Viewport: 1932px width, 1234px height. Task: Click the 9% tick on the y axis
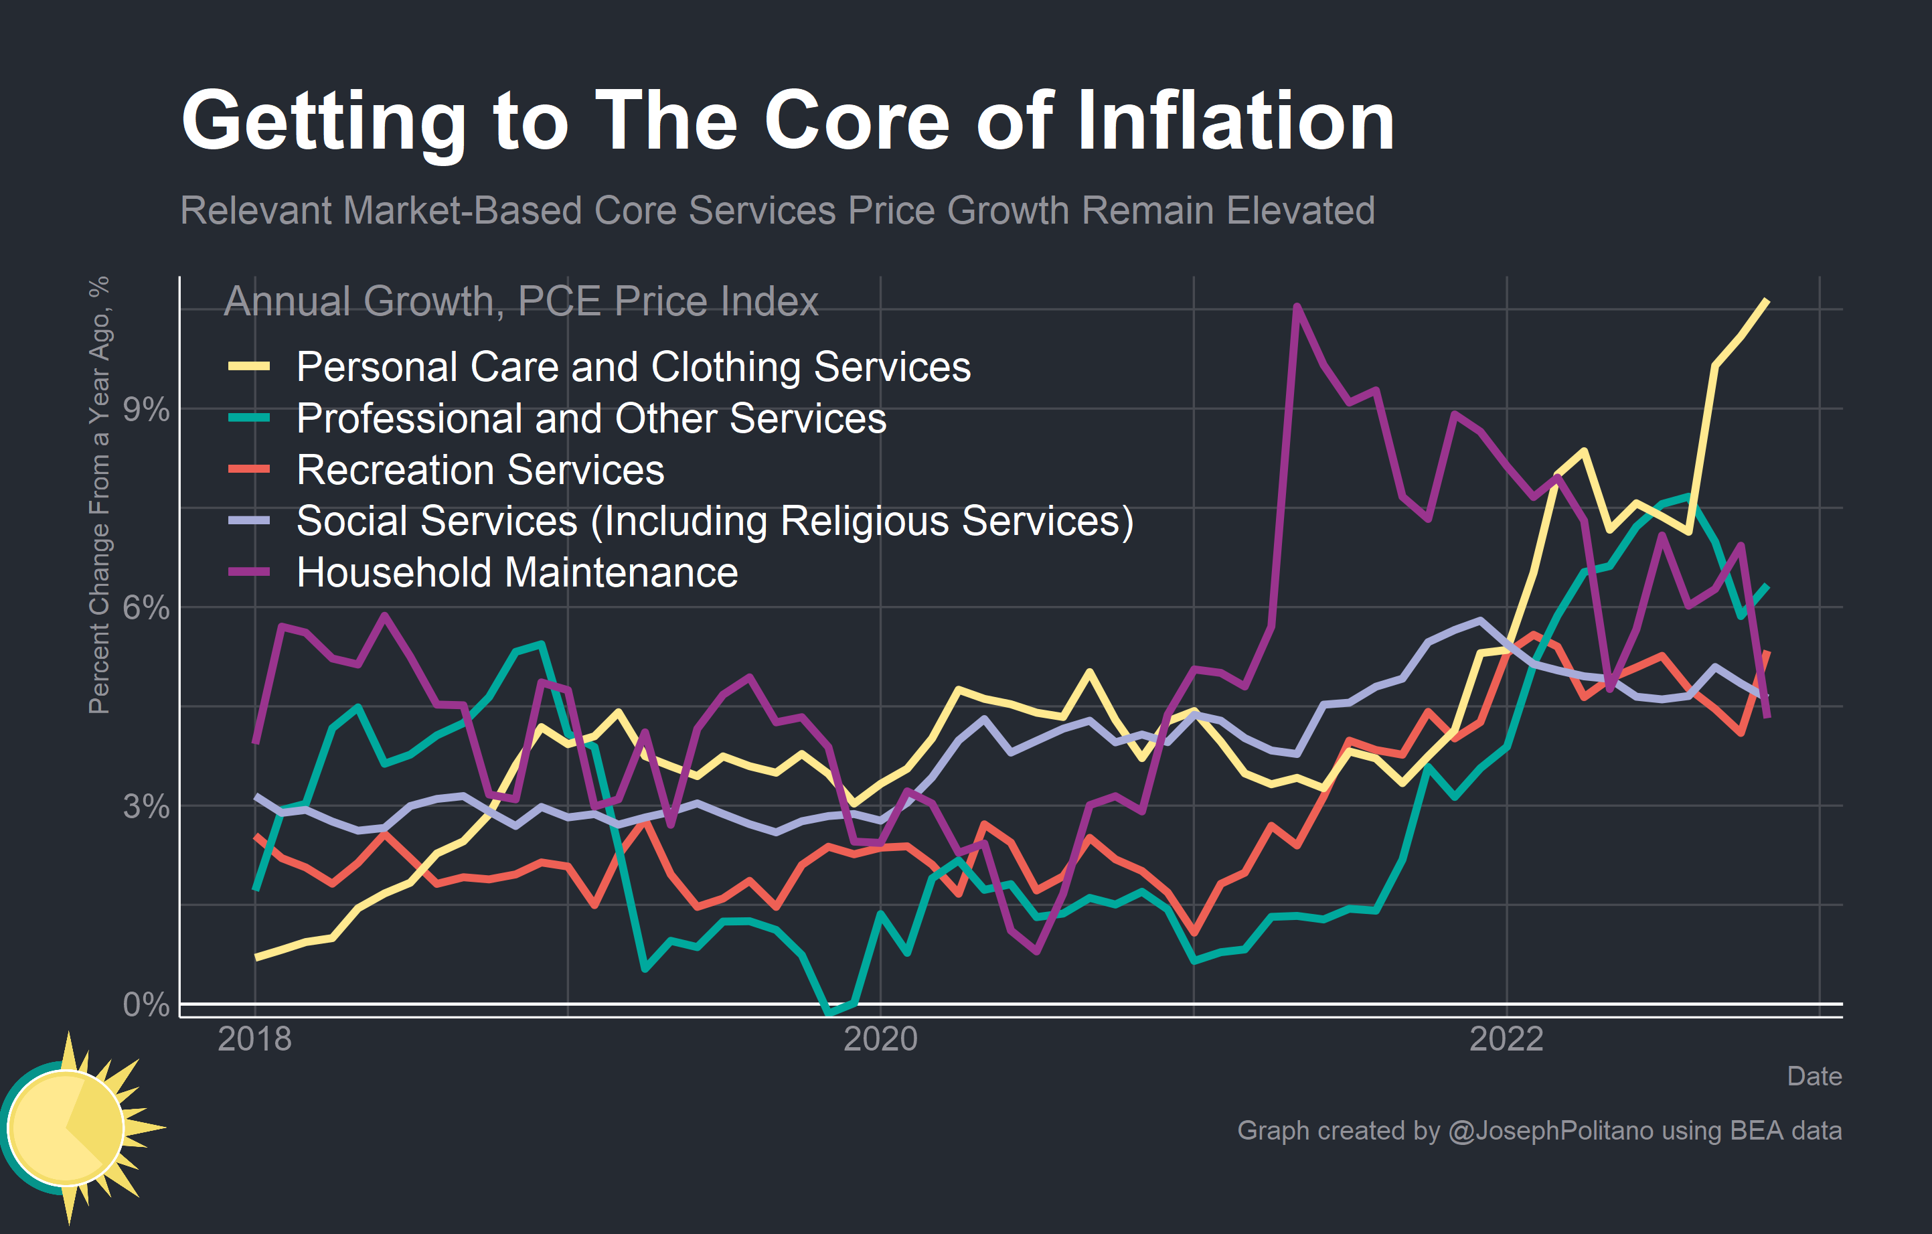click(x=145, y=410)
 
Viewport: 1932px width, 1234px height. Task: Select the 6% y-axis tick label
click(x=145, y=608)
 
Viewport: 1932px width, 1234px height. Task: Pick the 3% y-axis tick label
click(x=145, y=806)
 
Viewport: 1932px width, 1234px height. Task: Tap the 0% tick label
click(x=145, y=1004)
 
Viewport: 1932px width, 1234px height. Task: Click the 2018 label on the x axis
click(x=254, y=1039)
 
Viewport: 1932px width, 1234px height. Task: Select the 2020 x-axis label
click(x=880, y=1039)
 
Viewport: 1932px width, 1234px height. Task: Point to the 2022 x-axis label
click(x=1506, y=1039)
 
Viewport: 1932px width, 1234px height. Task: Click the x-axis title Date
click(x=1814, y=1076)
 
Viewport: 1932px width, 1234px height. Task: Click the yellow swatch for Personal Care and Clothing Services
click(x=249, y=367)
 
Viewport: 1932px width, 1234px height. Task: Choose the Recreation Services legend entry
click(x=480, y=470)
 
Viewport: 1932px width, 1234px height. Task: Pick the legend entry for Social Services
click(x=714, y=522)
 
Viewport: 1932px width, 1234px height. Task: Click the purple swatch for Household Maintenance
click(x=249, y=572)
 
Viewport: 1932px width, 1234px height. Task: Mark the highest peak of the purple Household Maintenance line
click(x=1297, y=307)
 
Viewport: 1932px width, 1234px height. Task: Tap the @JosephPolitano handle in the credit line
click(x=1550, y=1130)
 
